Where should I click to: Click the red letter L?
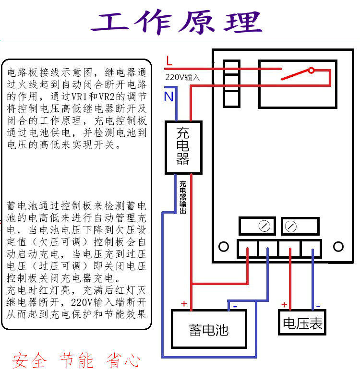168,61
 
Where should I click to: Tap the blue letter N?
168,96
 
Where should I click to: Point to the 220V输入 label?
182,77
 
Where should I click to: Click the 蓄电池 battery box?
209,329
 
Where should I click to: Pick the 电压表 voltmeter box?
302,323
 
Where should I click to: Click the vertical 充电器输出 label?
183,197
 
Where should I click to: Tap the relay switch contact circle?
311,71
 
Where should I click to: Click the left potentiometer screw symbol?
264,226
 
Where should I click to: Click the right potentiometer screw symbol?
291,226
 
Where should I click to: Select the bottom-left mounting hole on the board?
223,247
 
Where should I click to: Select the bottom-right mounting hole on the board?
338,247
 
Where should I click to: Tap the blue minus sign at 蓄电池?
234,305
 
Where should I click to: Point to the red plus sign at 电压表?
284,305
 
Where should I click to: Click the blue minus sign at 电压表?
317,305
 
